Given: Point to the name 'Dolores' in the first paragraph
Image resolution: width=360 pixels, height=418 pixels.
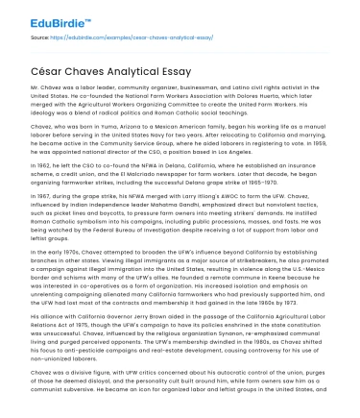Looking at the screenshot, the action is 248,96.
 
